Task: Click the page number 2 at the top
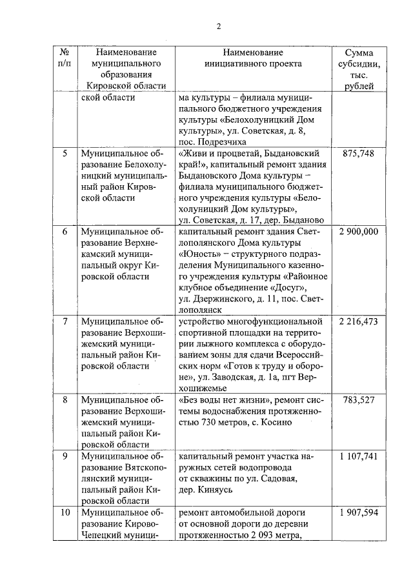(218, 26)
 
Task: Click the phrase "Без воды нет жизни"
(221, 400)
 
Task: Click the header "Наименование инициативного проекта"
(254, 57)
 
